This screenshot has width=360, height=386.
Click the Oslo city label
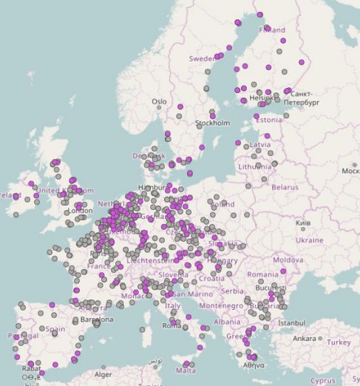click(160, 102)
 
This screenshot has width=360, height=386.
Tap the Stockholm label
click(213, 123)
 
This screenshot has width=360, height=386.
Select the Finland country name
click(272, 30)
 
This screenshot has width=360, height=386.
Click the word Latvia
click(260, 145)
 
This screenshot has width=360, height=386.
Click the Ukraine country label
click(310, 240)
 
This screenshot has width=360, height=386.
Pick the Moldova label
click(288, 260)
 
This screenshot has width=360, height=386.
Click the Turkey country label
click(339, 342)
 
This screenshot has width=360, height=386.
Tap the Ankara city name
click(303, 339)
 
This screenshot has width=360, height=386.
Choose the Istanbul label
click(291, 323)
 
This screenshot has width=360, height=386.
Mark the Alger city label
click(109, 375)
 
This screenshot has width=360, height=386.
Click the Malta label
click(186, 371)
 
